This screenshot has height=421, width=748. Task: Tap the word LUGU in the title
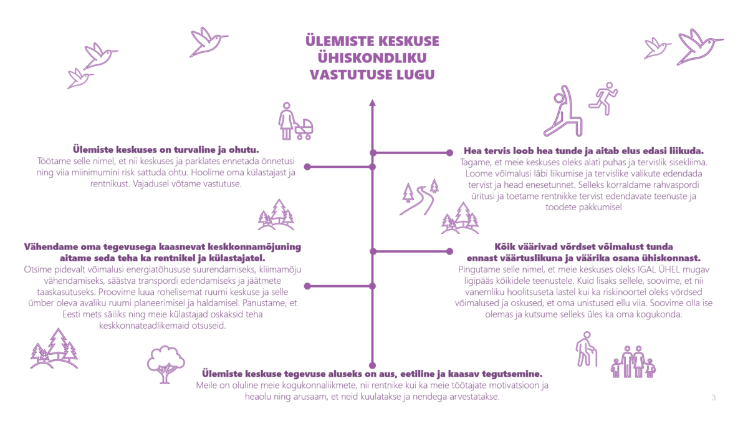[408, 74]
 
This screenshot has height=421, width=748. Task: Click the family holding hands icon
[633, 362]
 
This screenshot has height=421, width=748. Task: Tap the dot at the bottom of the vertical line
[372, 365]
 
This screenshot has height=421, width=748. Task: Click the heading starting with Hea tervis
[583, 151]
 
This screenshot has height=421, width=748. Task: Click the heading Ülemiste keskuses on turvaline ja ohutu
[165, 149]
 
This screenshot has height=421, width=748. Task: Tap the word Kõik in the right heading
[506, 246]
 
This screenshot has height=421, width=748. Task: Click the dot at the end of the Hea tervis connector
[449, 152]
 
